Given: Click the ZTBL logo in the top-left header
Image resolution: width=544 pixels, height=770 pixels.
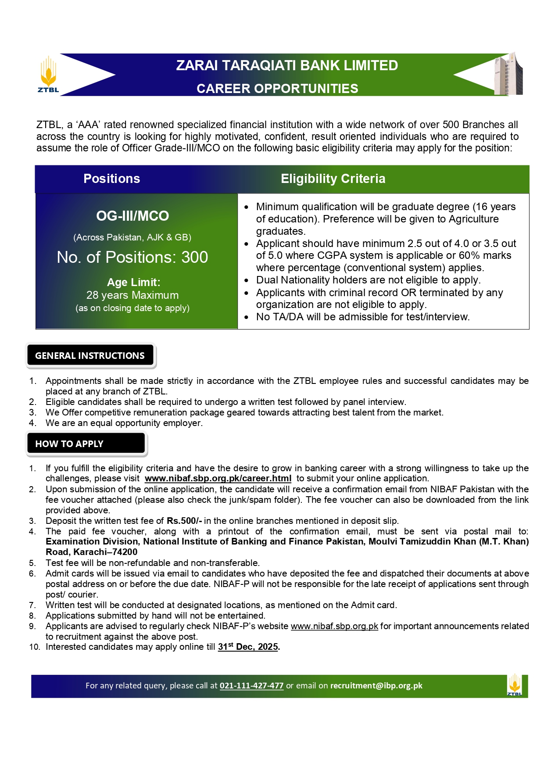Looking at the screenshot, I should pyautogui.click(x=48, y=75).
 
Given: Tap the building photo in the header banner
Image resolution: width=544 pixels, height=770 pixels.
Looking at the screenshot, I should pyautogui.click(x=509, y=74).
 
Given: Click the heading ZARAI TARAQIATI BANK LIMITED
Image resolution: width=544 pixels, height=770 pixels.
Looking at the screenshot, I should pyautogui.click(x=287, y=65).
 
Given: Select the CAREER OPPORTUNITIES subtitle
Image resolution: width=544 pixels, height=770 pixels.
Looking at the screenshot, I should pyautogui.click(x=277, y=89).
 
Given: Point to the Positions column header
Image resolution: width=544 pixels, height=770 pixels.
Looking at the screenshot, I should pyautogui.click(x=112, y=179).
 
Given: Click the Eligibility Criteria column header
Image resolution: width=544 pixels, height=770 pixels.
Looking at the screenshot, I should pyautogui.click(x=333, y=179).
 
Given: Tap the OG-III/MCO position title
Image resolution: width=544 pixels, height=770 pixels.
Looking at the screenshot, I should pyautogui.click(x=132, y=216).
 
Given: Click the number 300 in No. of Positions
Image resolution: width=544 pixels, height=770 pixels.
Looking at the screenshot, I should pyautogui.click(x=195, y=257).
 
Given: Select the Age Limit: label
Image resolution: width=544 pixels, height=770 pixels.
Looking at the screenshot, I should pyautogui.click(x=134, y=282).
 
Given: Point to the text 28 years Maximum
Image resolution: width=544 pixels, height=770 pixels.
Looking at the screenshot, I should pyautogui.click(x=132, y=295).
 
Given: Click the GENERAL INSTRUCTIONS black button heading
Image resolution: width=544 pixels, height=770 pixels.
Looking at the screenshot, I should pyautogui.click(x=90, y=355).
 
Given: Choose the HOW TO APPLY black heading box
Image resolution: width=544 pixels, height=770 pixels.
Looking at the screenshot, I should pyautogui.click(x=86, y=444).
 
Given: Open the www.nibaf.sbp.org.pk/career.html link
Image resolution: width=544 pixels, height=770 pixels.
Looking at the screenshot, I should pyautogui.click(x=218, y=479).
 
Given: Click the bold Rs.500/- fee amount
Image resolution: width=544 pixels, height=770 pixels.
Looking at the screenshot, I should pyautogui.click(x=184, y=521).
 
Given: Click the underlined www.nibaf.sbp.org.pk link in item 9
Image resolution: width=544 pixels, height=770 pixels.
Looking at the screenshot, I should pyautogui.click(x=334, y=626).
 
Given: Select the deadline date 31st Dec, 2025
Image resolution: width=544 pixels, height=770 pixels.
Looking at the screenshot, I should pyautogui.click(x=248, y=647).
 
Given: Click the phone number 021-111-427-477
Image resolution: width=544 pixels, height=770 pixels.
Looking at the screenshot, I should pyautogui.click(x=251, y=686).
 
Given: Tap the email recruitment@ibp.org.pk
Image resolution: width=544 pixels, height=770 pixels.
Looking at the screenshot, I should pyautogui.click(x=376, y=686).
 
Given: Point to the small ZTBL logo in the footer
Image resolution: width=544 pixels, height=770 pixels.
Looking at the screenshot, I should pyautogui.click(x=515, y=685).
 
